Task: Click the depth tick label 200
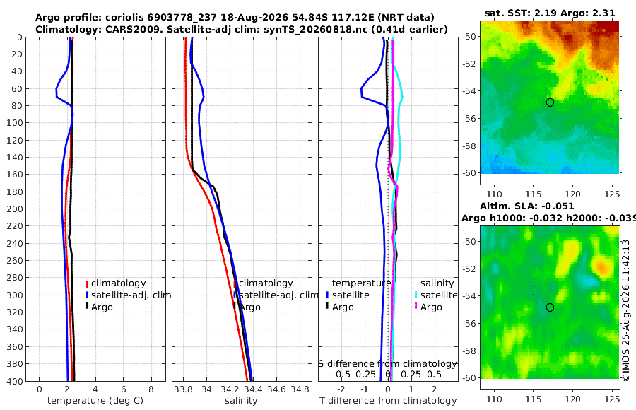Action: tap(14, 209)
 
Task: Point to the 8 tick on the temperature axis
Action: tap(151, 389)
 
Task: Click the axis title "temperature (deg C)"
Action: tap(95, 401)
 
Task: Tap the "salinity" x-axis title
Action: tap(241, 401)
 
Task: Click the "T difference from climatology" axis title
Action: tap(388, 401)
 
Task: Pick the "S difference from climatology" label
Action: tap(388, 363)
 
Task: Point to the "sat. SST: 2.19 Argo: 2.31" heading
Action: tap(550, 13)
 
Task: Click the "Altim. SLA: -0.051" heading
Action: tap(527, 206)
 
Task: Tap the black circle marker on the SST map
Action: tap(550, 102)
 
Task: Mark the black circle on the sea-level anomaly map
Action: tap(550, 307)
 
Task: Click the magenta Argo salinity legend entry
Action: tap(429, 307)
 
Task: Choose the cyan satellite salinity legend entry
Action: tap(436, 295)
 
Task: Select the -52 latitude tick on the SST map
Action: tap(469, 64)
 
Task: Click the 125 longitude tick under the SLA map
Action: tap(612, 399)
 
